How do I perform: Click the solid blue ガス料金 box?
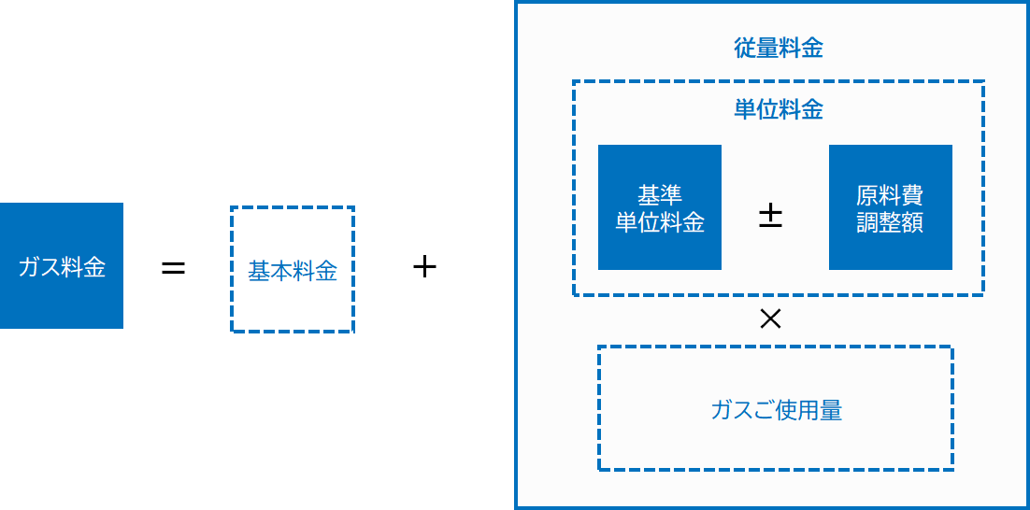62,266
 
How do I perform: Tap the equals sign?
174,269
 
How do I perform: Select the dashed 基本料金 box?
292,269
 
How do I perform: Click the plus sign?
424,268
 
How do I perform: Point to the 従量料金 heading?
779,49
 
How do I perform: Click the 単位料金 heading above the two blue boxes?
779,109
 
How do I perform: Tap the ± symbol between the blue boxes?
770,218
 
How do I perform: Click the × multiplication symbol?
770,319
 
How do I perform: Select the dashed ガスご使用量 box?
776,409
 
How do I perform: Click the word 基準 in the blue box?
660,196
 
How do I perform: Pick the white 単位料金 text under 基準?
660,222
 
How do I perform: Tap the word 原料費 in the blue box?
890,196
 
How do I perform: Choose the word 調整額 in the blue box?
890,222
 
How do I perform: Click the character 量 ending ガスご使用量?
831,410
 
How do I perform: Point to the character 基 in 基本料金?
259,272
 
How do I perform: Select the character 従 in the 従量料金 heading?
745,49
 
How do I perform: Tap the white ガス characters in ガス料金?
39,268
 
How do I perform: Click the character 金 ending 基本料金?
325,272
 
